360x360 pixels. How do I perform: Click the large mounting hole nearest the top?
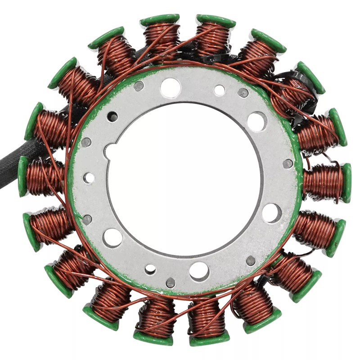pyautogui.click(x=171, y=88)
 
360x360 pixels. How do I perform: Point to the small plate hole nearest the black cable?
pyautogui.click(x=89, y=178)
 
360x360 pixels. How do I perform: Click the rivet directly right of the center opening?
pyautogui.click(x=287, y=164)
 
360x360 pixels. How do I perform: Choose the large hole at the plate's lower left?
pyautogui.click(x=112, y=237)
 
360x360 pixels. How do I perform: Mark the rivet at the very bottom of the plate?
pyautogui.click(x=170, y=283)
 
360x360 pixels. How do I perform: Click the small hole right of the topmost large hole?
pyautogui.click(x=219, y=90)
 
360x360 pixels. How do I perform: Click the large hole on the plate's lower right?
pyautogui.click(x=271, y=213)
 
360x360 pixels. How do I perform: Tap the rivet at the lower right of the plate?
pyautogui.click(x=251, y=261)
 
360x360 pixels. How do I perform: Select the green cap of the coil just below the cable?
pyautogui.click(x=22, y=176)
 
